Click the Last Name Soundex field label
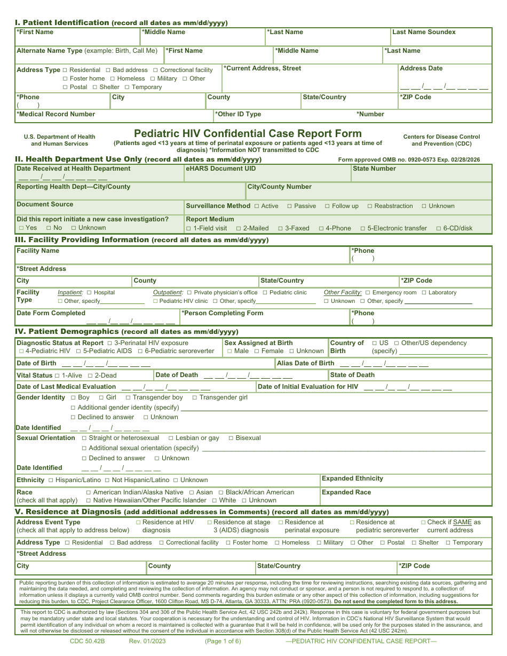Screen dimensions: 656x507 [x=424, y=32]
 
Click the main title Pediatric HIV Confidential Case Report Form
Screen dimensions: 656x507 [x=248, y=133]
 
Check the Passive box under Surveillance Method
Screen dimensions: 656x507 [x=290, y=206]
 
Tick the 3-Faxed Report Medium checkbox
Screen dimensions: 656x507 [x=281, y=228]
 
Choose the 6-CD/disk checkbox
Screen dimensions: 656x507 [x=439, y=228]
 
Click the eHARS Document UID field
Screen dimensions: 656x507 [x=267, y=174]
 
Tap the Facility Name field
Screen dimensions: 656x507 [x=181, y=254]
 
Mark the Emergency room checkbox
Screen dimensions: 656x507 [x=368, y=293]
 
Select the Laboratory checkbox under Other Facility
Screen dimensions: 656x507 [x=424, y=293]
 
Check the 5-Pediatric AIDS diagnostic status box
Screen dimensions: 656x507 [x=78, y=351]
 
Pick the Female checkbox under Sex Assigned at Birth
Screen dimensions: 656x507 [x=257, y=351]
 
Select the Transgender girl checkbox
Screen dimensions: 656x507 [x=195, y=397]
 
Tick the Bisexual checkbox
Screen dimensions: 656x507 [x=231, y=438]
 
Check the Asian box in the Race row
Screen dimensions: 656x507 [x=192, y=492]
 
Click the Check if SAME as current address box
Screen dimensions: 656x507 [x=423, y=522]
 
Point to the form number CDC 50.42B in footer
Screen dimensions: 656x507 [x=87, y=641]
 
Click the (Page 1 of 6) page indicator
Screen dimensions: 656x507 [x=223, y=641]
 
